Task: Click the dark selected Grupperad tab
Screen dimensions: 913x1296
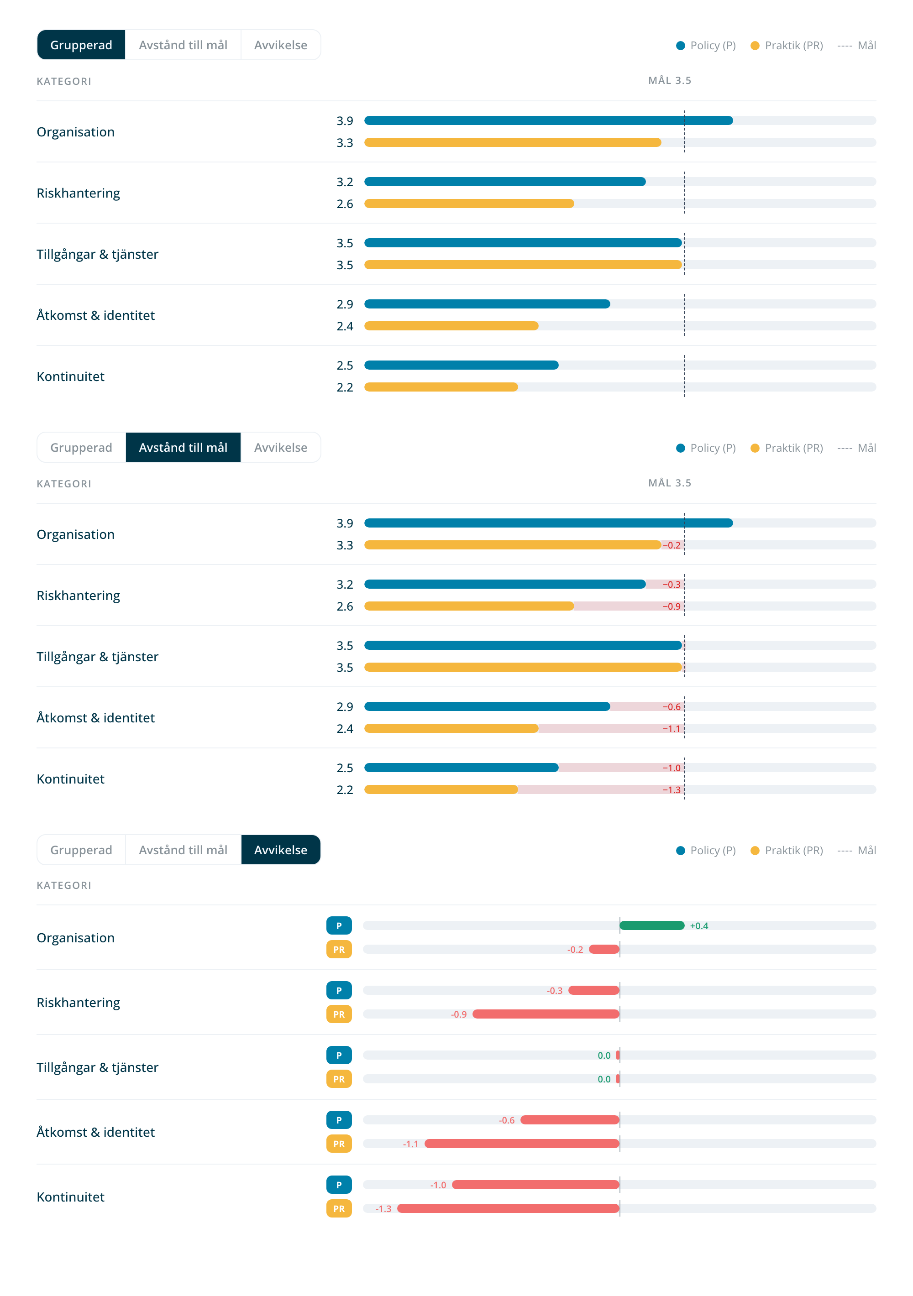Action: click(x=81, y=45)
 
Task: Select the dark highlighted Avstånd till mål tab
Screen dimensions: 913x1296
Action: click(x=183, y=448)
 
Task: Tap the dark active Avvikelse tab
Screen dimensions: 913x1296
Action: click(x=281, y=850)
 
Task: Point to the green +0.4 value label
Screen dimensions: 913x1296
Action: click(x=698, y=926)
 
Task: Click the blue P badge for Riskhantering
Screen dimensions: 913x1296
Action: click(x=339, y=991)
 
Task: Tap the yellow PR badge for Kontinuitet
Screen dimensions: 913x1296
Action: click(x=339, y=1208)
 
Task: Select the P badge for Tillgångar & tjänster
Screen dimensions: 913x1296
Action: click(x=339, y=1056)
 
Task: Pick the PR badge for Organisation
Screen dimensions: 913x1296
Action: click(x=339, y=950)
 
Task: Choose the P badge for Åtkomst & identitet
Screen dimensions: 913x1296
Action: click(x=339, y=1120)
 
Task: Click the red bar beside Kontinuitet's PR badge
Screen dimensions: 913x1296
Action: click(x=508, y=1208)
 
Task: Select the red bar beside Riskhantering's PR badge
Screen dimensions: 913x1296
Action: click(x=546, y=1014)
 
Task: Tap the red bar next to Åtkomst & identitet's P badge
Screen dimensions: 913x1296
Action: click(x=570, y=1120)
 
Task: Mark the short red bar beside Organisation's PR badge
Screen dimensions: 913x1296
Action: click(x=604, y=950)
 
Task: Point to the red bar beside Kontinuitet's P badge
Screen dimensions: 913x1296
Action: click(x=536, y=1185)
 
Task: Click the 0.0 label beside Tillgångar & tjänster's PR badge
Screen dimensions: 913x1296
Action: click(x=603, y=1079)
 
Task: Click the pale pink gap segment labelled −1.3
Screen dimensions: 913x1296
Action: click(x=601, y=789)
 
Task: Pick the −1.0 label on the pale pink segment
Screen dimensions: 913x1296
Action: click(x=672, y=768)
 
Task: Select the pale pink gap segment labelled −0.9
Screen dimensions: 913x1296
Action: click(x=629, y=606)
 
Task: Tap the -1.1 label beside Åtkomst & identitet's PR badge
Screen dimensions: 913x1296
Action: click(x=410, y=1144)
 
